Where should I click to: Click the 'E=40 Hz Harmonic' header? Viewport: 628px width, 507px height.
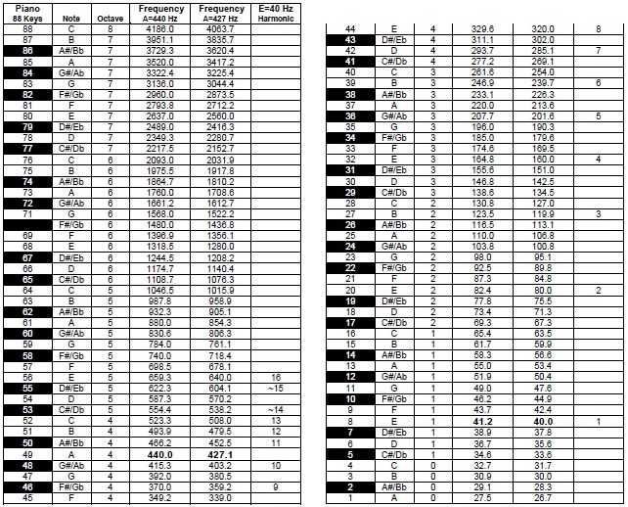[x=275, y=13]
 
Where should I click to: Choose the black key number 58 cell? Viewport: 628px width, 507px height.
[x=27, y=355]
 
